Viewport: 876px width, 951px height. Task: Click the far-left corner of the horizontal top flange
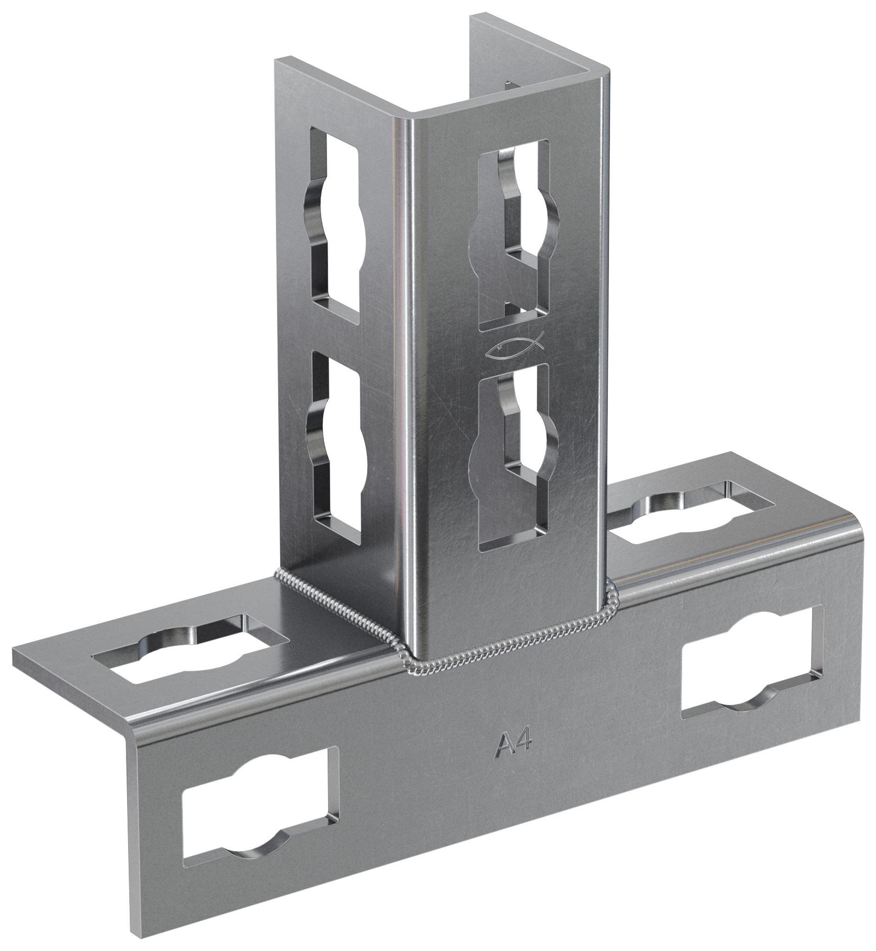[14, 650]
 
